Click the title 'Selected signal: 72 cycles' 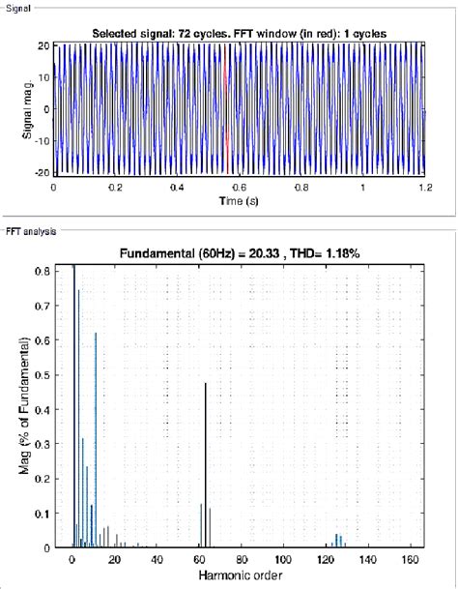239,34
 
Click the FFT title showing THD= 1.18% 239,253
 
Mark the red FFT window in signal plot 224,108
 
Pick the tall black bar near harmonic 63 205,464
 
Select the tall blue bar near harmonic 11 96,440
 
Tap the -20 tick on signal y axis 43,171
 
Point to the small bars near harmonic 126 337,540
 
